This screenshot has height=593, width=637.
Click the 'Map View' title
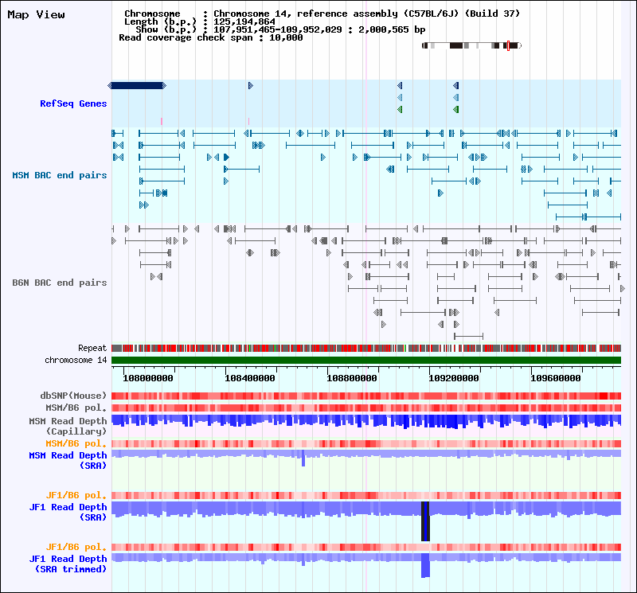point(36,14)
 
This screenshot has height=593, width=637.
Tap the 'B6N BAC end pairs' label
point(60,283)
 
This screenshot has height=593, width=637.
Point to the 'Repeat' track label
point(92,348)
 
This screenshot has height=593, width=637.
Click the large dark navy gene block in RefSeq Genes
point(136,85)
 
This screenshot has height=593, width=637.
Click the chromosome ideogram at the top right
point(471,46)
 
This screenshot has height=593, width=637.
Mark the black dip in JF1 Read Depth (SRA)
point(425,521)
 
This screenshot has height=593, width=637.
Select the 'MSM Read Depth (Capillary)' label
point(68,426)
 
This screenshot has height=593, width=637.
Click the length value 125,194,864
point(244,21)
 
